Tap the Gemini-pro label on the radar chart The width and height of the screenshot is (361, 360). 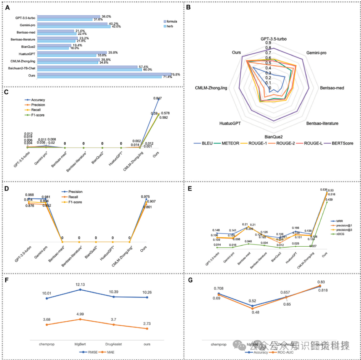pos(316,53)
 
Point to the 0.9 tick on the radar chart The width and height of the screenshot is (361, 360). pos(268,43)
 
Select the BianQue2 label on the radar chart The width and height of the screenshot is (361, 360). pos(274,137)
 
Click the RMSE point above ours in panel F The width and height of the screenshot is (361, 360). pos(147,297)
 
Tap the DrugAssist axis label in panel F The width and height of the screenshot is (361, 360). pos(114,344)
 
